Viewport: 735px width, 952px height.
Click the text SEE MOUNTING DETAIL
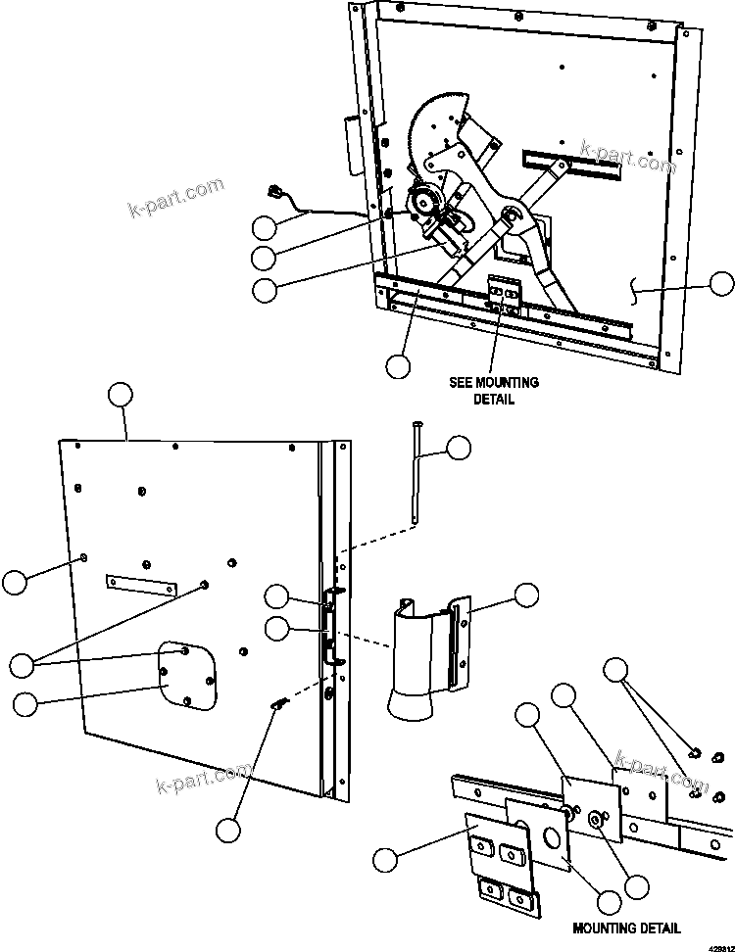click(x=494, y=390)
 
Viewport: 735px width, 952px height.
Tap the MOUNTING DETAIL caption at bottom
click(x=627, y=928)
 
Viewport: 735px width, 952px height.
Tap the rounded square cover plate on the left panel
click(x=187, y=674)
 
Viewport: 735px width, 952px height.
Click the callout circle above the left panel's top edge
click(x=119, y=395)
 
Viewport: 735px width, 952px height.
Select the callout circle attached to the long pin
click(x=458, y=449)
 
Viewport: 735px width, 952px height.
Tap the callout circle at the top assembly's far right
click(x=721, y=284)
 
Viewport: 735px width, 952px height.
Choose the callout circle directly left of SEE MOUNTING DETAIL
click(x=397, y=366)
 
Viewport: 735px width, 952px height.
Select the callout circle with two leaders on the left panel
click(x=21, y=664)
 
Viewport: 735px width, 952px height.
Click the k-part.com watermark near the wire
click(x=176, y=199)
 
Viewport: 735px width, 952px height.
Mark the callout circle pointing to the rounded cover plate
click(x=24, y=702)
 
